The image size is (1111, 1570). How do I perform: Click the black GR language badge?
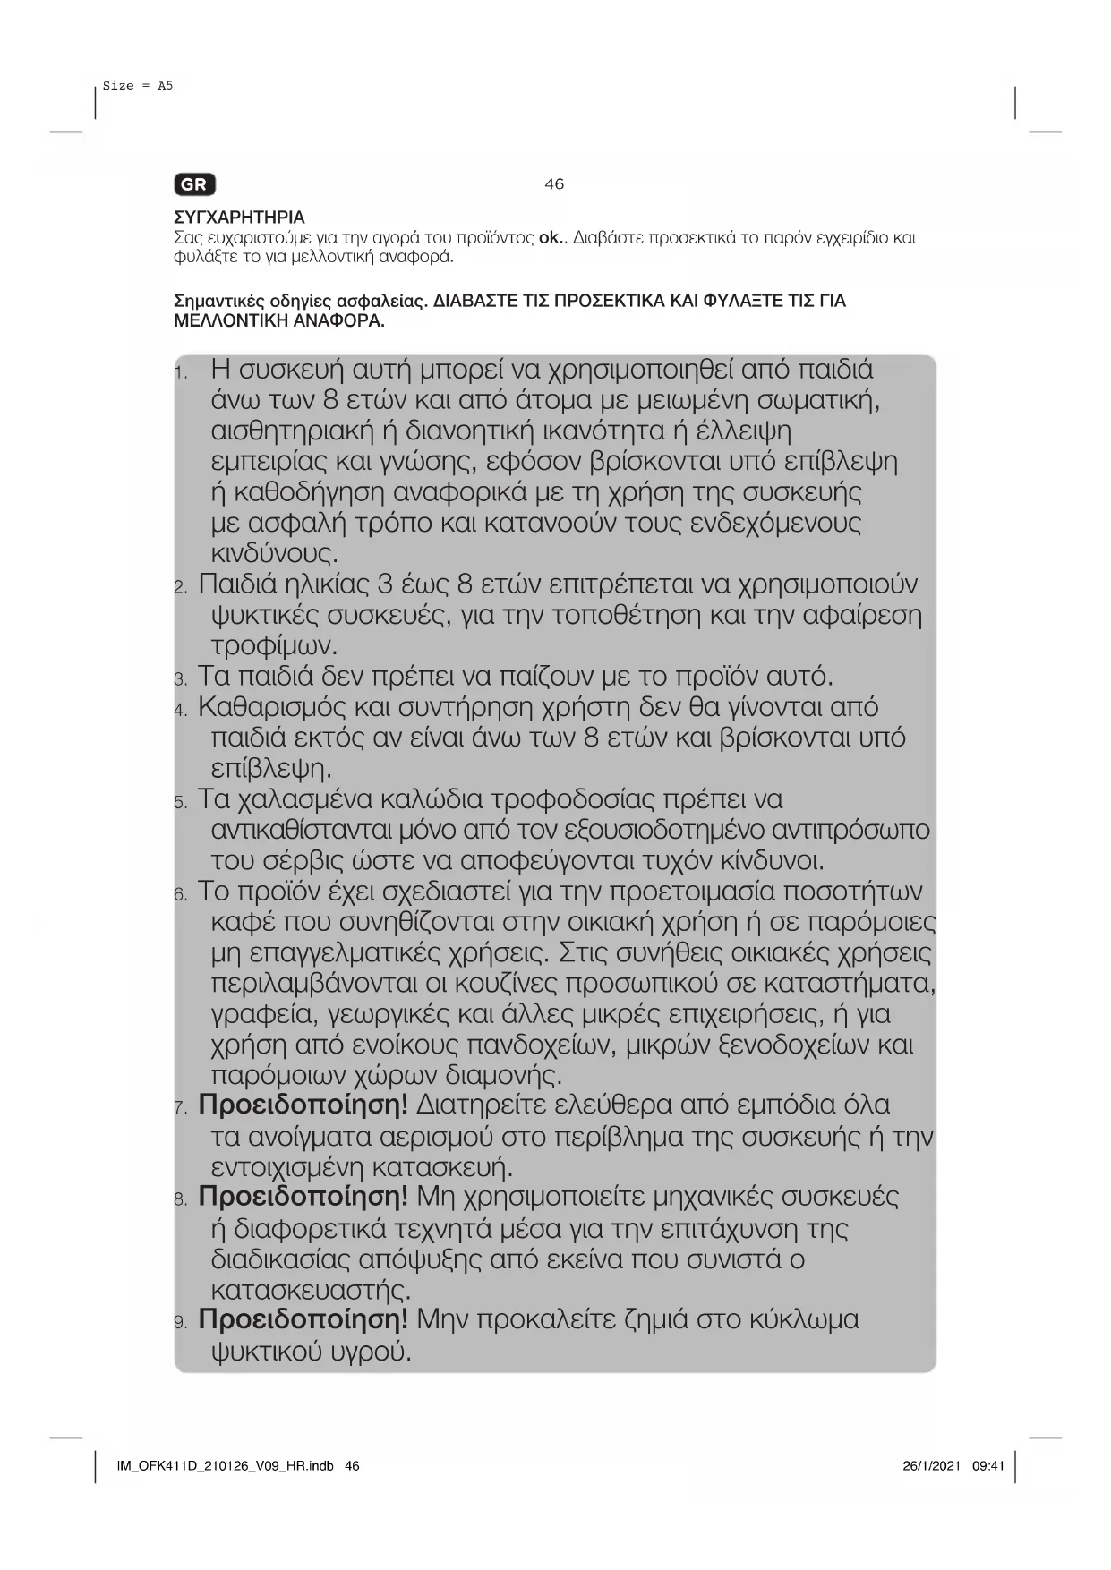[x=194, y=184]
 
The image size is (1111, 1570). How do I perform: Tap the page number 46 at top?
[x=554, y=184]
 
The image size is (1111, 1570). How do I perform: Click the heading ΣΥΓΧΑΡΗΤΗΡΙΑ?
[x=239, y=218]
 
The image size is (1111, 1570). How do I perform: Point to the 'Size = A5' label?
[x=138, y=86]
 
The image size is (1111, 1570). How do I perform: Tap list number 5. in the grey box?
[x=181, y=802]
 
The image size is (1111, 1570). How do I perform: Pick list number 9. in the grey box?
[x=181, y=1323]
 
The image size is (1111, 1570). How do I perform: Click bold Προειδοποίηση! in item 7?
[x=303, y=1105]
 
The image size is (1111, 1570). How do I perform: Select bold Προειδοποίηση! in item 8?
[x=303, y=1197]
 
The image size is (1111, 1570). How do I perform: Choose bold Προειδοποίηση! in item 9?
[x=303, y=1320]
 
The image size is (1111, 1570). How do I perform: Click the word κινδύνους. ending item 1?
[x=275, y=553]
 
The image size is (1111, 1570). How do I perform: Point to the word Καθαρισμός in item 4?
[x=272, y=707]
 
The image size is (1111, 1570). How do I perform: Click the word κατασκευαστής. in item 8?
[x=311, y=1291]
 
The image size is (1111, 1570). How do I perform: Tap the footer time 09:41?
[x=988, y=1466]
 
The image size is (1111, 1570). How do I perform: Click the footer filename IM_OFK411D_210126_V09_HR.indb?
[x=225, y=1466]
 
